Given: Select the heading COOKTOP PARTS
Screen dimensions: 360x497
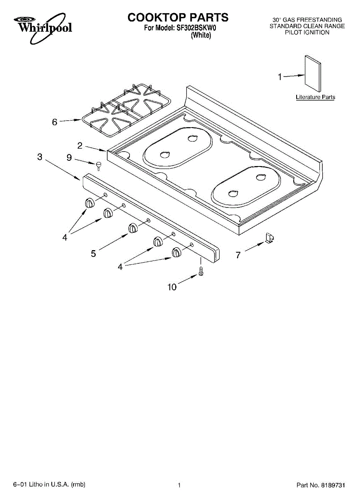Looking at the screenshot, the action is click(178, 17).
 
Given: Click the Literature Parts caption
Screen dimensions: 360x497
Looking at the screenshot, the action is click(315, 97).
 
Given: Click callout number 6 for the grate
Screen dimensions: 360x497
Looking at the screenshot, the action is click(55, 122).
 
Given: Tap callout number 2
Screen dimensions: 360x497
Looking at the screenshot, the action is click(80, 145).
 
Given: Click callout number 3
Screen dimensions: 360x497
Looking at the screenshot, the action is click(40, 157).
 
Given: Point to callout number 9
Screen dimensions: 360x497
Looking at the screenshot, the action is click(69, 157).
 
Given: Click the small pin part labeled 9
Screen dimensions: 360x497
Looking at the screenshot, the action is click(99, 166).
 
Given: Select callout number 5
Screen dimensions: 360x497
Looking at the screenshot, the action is click(94, 253).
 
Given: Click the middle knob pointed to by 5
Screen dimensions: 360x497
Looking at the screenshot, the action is click(133, 228).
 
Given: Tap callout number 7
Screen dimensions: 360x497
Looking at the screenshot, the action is click(238, 255).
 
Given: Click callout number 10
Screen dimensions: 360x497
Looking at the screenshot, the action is click(172, 287).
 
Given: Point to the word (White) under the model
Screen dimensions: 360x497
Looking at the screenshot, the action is click(201, 36).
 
